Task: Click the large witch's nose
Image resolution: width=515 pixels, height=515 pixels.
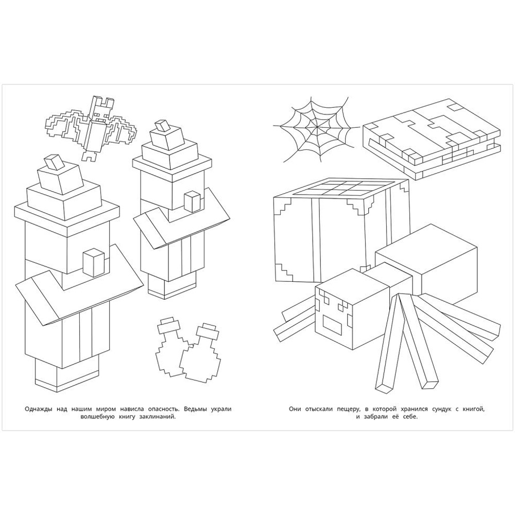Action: pyautogui.click(x=94, y=263)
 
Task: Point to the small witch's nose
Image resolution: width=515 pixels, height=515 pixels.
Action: pyautogui.click(x=192, y=202)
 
